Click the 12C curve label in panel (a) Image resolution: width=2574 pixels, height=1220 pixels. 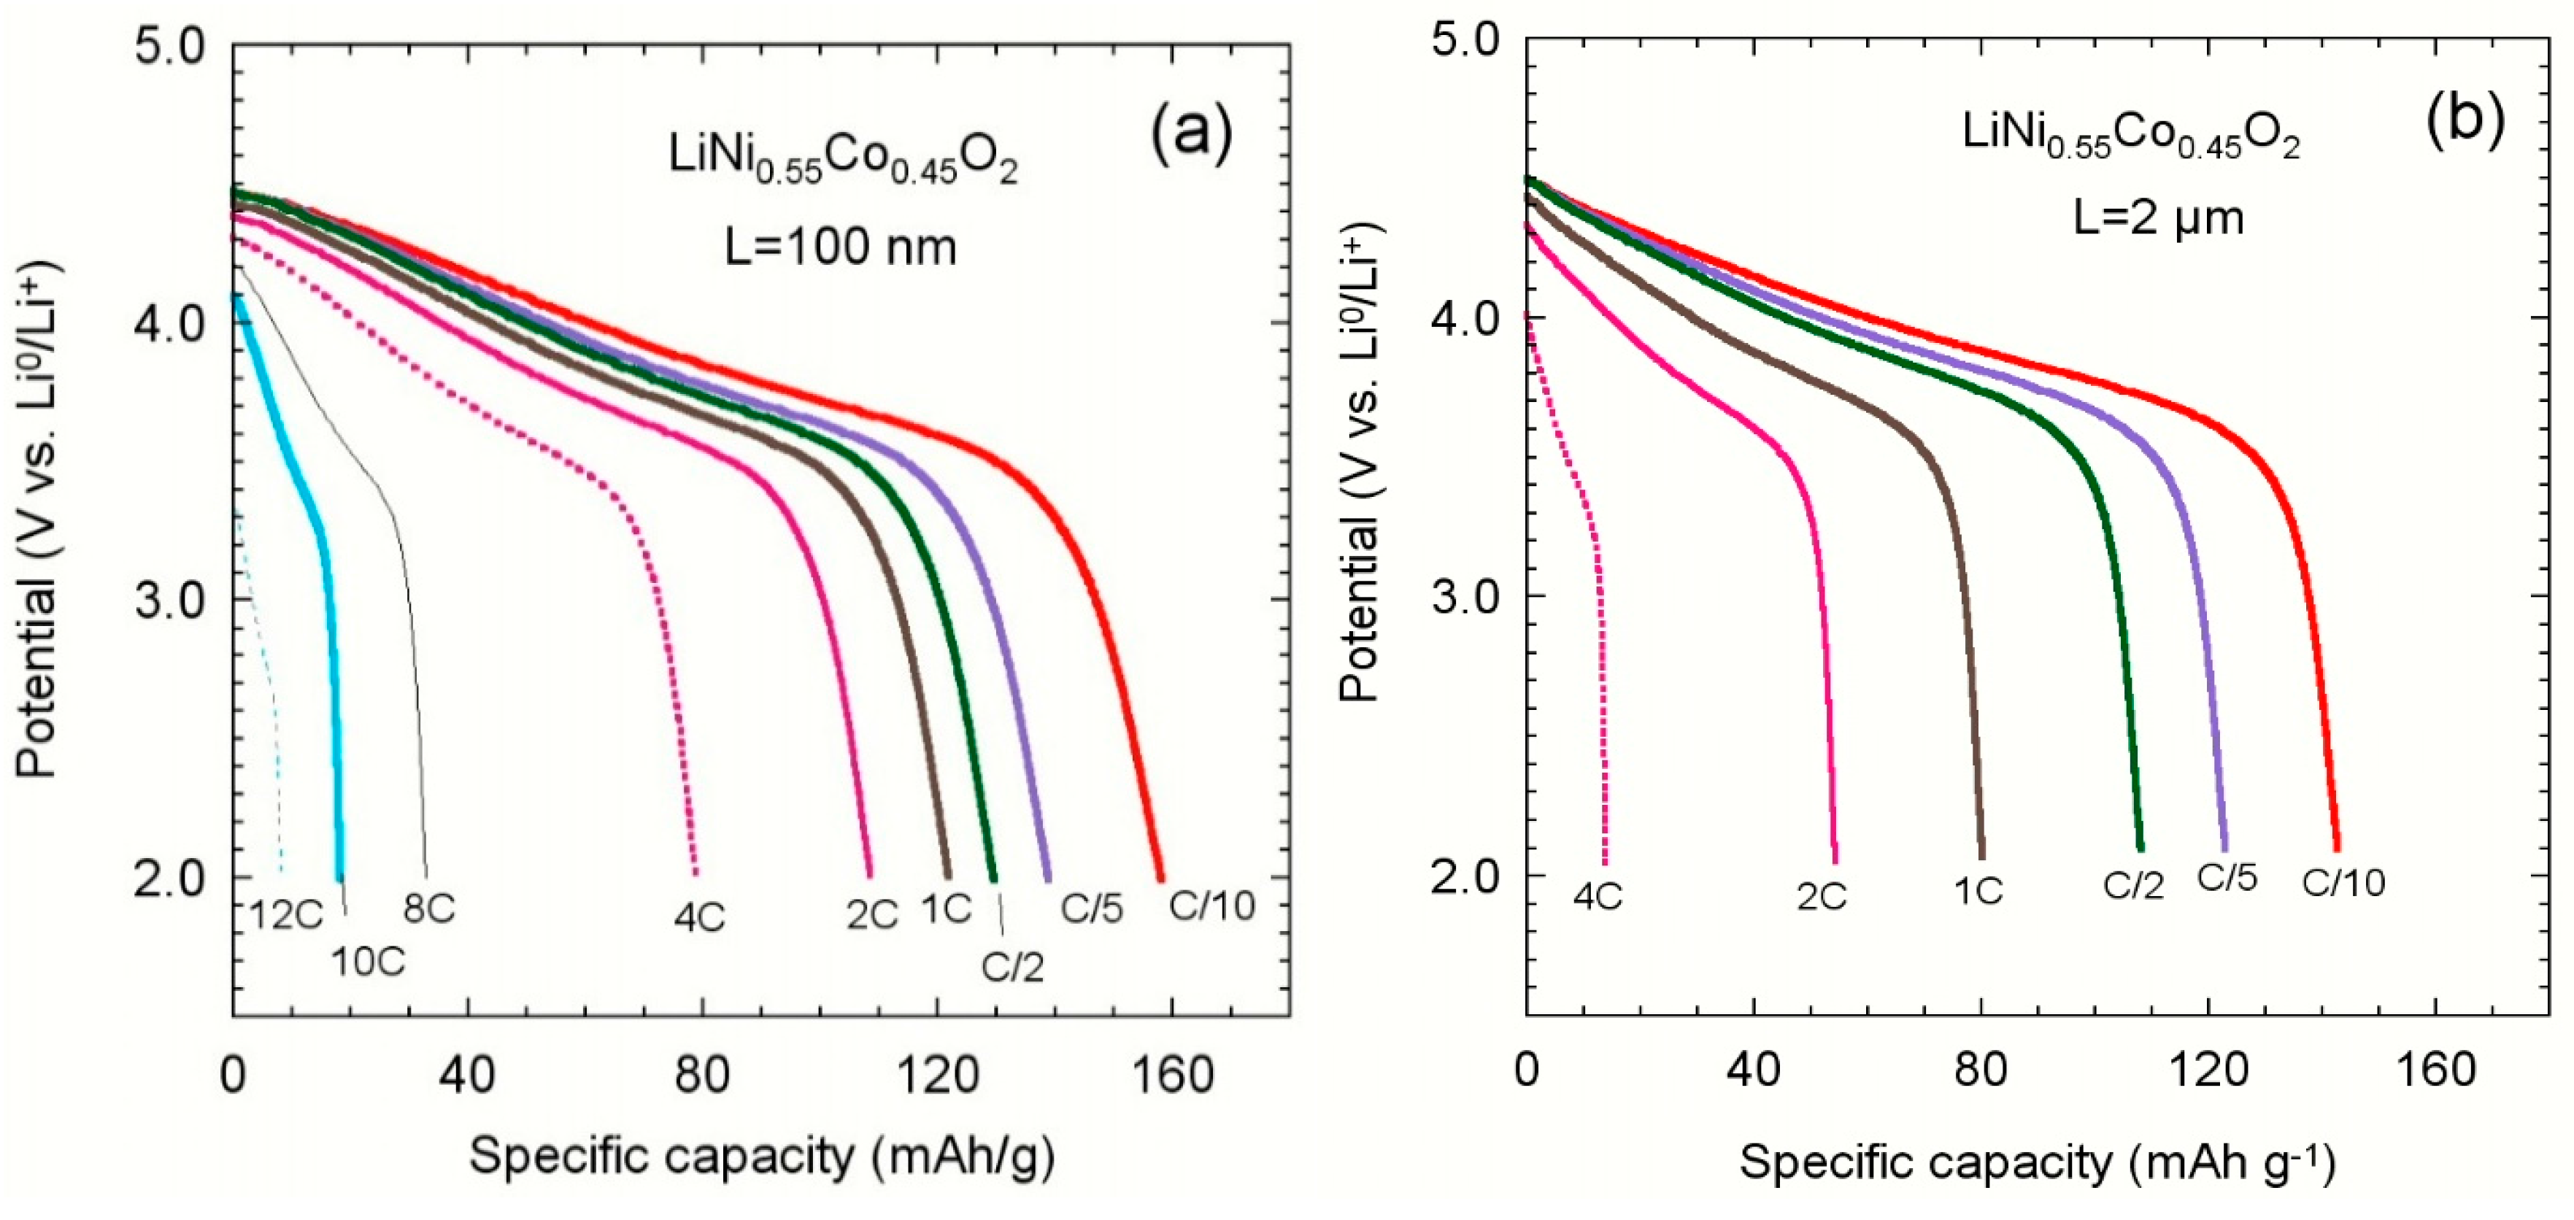tap(287, 915)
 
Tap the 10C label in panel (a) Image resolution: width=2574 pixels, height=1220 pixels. tap(369, 961)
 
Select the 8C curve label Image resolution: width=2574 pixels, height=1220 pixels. tap(430, 909)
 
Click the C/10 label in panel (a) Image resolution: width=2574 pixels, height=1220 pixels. tap(1212, 906)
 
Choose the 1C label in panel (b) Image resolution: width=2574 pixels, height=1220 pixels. tap(1978, 890)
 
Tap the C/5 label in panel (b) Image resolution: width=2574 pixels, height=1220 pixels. tap(2227, 877)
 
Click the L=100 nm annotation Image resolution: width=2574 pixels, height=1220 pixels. tap(840, 246)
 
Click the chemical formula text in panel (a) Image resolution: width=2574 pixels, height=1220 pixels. tap(842, 161)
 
